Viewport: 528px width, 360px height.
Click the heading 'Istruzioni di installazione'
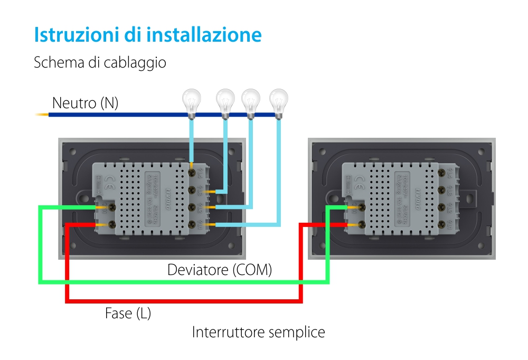(x=148, y=35)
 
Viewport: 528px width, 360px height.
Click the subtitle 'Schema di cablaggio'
(x=100, y=62)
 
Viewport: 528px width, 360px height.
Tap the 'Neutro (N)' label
(x=84, y=103)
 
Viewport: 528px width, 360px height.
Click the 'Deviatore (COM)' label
(x=220, y=270)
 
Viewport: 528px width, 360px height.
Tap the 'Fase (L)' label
(x=128, y=314)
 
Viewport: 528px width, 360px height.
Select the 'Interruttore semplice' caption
(x=258, y=333)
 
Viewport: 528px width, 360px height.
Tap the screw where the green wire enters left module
(x=111, y=208)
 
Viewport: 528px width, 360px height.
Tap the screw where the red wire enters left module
(x=111, y=225)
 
